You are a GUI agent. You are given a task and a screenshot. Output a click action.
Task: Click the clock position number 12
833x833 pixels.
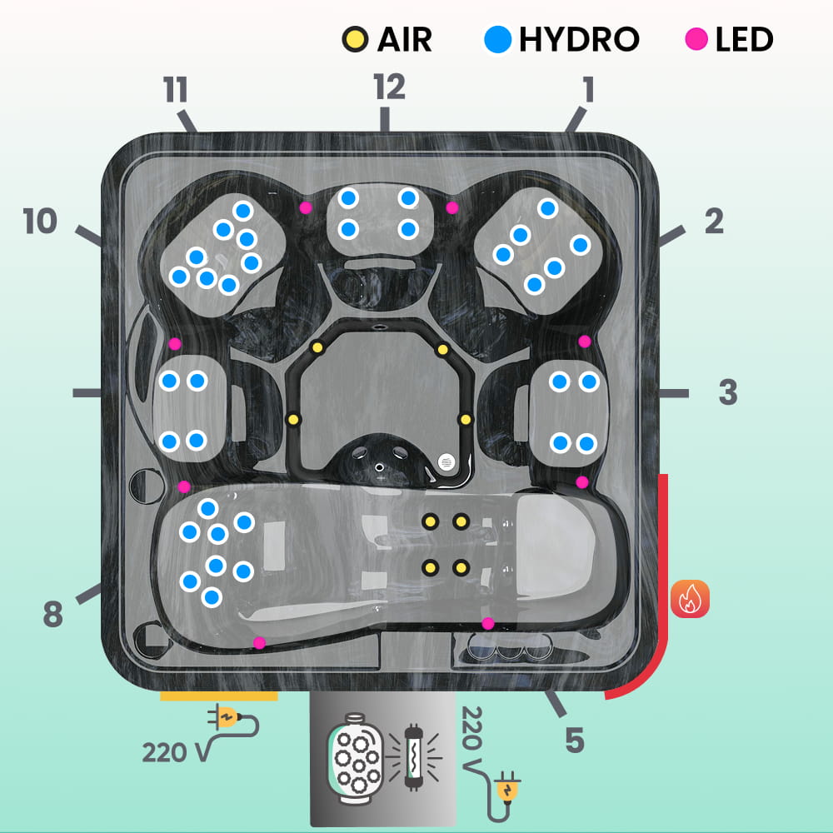pyautogui.click(x=389, y=87)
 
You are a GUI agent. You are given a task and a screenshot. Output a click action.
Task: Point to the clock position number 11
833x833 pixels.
pyautogui.click(x=176, y=90)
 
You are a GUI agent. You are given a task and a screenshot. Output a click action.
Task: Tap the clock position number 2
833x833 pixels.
pyautogui.click(x=714, y=221)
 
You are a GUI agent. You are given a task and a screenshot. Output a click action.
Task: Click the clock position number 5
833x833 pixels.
pyautogui.click(x=574, y=740)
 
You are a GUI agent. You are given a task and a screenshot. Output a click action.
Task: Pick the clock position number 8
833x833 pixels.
pyautogui.click(x=52, y=615)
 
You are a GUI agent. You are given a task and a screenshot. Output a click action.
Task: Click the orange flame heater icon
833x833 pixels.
pyautogui.click(x=690, y=599)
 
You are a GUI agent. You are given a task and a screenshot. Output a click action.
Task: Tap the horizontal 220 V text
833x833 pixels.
pyautogui.click(x=176, y=752)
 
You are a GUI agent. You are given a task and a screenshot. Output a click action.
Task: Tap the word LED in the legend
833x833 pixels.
pyautogui.click(x=744, y=39)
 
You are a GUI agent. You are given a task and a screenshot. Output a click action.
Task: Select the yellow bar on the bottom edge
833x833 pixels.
pyautogui.click(x=219, y=695)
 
